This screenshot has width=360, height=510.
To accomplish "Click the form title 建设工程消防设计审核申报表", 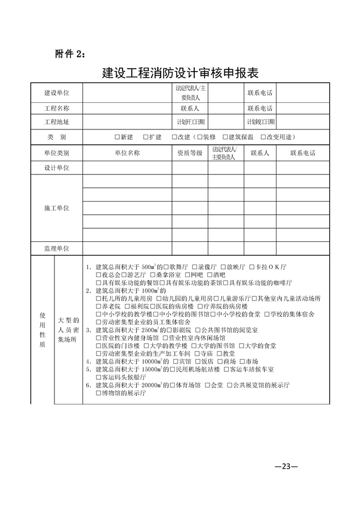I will pyautogui.click(x=180, y=73).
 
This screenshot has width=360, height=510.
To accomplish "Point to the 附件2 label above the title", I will pyautogui.click(x=70, y=54).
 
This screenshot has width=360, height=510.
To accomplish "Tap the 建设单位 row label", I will pyautogui.click(x=57, y=93).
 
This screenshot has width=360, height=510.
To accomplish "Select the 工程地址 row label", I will pyautogui.click(x=57, y=122).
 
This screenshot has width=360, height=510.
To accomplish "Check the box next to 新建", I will pyautogui.click(x=117, y=137).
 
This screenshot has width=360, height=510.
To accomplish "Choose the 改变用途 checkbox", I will pyautogui.click(x=263, y=137).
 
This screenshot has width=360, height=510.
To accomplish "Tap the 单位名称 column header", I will pyautogui.click(x=127, y=153).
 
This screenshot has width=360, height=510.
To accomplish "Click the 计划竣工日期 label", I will pyautogui.click(x=261, y=122).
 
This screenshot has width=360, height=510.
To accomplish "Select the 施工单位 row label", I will pyautogui.click(x=57, y=208).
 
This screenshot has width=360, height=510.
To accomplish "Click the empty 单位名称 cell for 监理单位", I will pyautogui.click(x=127, y=249).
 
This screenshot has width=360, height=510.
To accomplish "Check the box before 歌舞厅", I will pyautogui.click(x=163, y=266).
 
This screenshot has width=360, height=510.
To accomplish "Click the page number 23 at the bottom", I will pyautogui.click(x=282, y=467).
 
